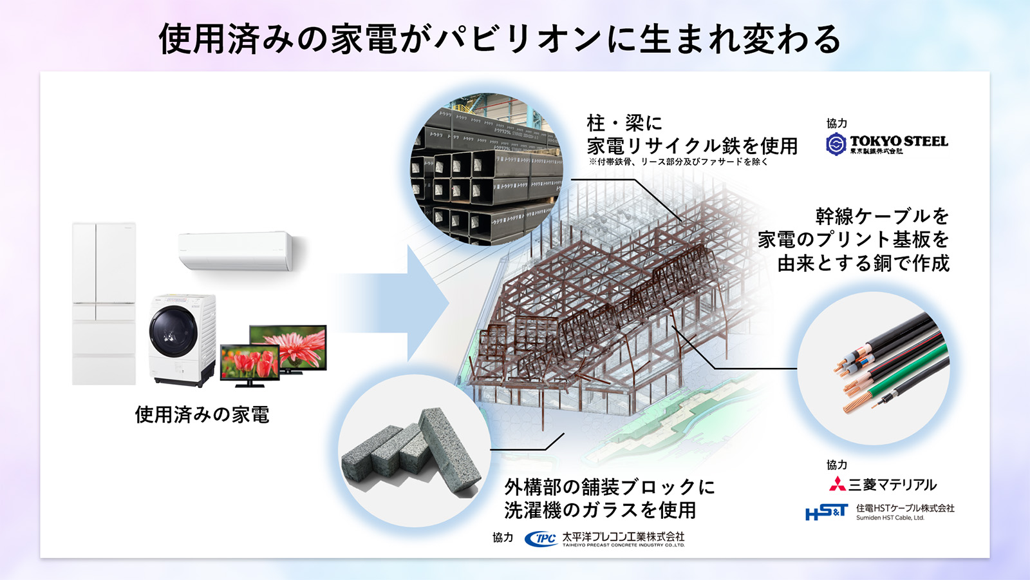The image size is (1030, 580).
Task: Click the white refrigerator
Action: click(104, 303)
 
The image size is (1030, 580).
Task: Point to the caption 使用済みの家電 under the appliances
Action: click(202, 414)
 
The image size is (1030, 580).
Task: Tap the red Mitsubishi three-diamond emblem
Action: click(837, 484)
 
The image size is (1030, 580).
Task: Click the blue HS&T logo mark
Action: click(827, 512)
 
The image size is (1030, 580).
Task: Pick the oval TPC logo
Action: click(541, 539)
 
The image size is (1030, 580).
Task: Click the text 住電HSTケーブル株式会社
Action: click(905, 508)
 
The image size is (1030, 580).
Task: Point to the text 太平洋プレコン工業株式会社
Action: click(623, 536)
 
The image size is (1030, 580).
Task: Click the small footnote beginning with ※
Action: click(678, 162)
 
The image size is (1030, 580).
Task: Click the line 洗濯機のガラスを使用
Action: click(600, 510)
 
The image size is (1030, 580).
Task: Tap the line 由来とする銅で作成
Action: click(863, 263)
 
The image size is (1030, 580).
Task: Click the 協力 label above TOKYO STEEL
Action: click(836, 123)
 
